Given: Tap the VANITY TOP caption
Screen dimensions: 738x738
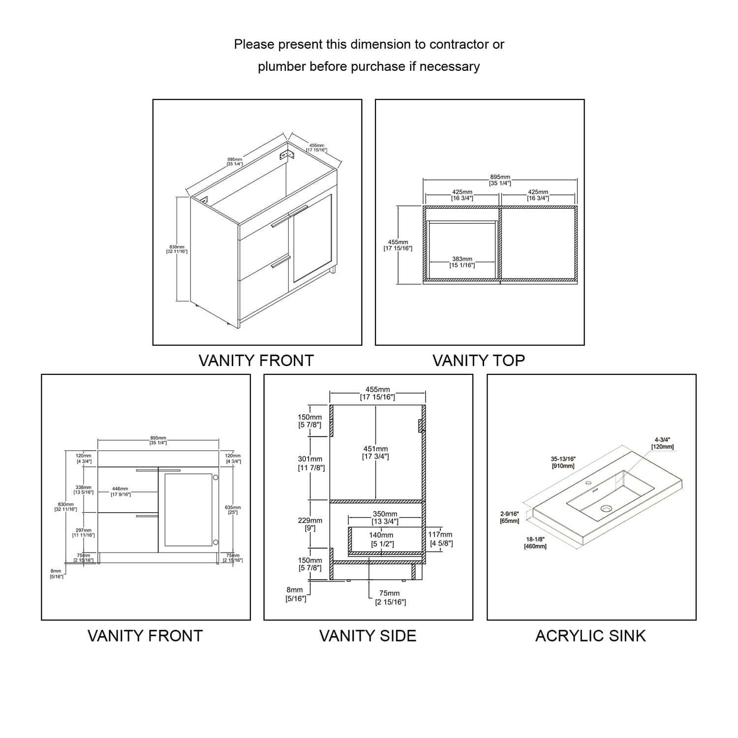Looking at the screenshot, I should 479,361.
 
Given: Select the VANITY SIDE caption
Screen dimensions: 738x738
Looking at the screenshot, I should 368,636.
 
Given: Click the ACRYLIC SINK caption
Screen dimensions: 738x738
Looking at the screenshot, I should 590,636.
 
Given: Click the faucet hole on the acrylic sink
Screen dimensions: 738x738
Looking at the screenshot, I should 587,483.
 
